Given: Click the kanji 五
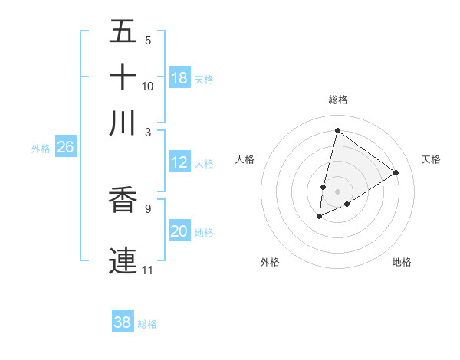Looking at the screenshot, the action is tap(123, 31).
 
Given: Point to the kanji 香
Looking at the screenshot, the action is tap(123, 200).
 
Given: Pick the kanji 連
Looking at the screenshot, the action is tap(123, 258).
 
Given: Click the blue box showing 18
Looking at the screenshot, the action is tap(179, 78).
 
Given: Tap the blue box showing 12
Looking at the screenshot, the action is tap(179, 162).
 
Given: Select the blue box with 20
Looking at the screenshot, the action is tap(179, 231).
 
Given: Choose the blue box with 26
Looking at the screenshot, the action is tap(65, 148).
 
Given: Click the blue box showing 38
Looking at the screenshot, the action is tap(123, 322).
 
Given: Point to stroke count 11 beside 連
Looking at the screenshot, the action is tap(147, 270).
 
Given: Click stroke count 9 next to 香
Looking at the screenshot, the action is tap(147, 207).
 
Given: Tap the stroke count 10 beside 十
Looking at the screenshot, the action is tap(147, 86).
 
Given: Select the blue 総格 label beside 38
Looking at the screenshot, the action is tap(147, 324).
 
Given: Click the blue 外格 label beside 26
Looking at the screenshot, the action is tap(41, 149).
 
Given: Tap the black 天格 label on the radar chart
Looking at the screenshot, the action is tap(431, 159).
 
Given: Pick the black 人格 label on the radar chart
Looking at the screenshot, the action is tap(245, 159).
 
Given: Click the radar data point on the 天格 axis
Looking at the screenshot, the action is tap(396, 172).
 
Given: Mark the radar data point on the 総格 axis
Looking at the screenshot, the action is tap(337, 130).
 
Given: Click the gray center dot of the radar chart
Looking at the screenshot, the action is tap(337, 191).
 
